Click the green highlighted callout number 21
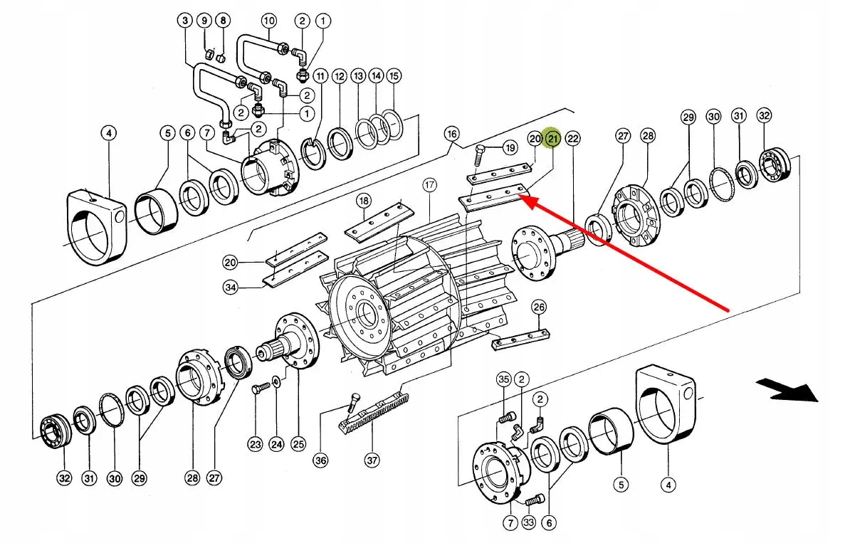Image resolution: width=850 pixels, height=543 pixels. tap(553, 138)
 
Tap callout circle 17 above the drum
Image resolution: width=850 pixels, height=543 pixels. tap(429, 185)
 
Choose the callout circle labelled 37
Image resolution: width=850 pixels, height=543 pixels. tap(372, 460)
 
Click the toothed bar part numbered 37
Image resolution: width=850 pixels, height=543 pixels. tap(374, 412)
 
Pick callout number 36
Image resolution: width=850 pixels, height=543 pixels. tap(320, 460)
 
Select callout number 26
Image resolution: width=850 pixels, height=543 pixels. tap(539, 307)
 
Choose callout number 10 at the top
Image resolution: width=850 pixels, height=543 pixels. tap(269, 21)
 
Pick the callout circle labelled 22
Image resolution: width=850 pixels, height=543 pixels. tap(573, 138)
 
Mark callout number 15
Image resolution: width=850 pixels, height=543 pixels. tap(394, 75)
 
